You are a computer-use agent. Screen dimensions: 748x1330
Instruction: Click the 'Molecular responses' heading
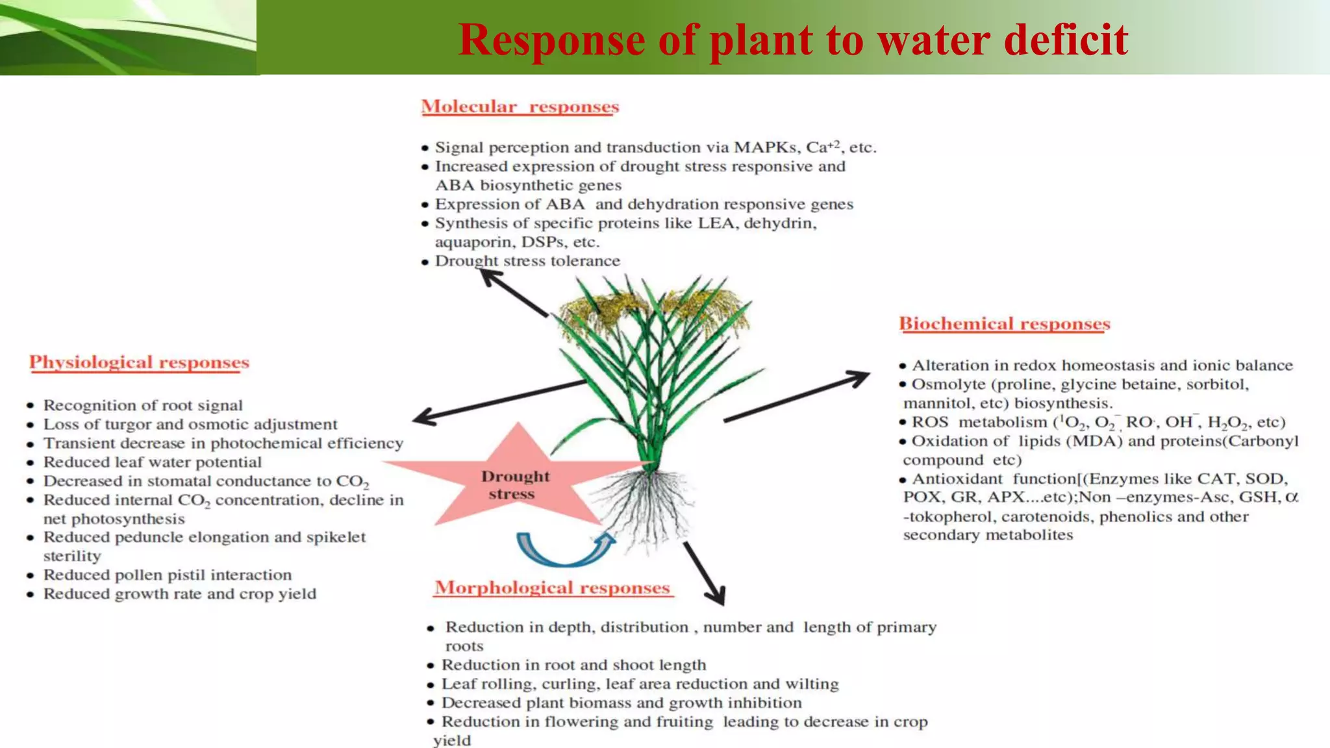pos(520,106)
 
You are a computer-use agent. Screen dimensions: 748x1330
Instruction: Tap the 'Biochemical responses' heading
pos(1004,323)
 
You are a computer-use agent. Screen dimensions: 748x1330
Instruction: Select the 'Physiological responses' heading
pos(139,362)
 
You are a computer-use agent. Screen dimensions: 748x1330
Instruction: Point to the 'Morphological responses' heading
pos(552,588)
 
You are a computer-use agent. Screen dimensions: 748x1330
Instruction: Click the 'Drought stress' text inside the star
pos(515,485)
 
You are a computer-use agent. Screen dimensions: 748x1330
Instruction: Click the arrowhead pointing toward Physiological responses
pos(425,416)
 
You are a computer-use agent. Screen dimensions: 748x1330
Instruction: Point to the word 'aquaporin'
pos(467,242)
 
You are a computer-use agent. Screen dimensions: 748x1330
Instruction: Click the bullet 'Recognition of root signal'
pos(143,406)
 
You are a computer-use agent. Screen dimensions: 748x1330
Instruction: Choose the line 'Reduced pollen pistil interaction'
pos(168,575)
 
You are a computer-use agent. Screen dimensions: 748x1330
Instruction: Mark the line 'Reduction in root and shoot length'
pos(573,665)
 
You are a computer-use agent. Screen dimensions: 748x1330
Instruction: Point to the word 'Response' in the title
pos(551,40)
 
